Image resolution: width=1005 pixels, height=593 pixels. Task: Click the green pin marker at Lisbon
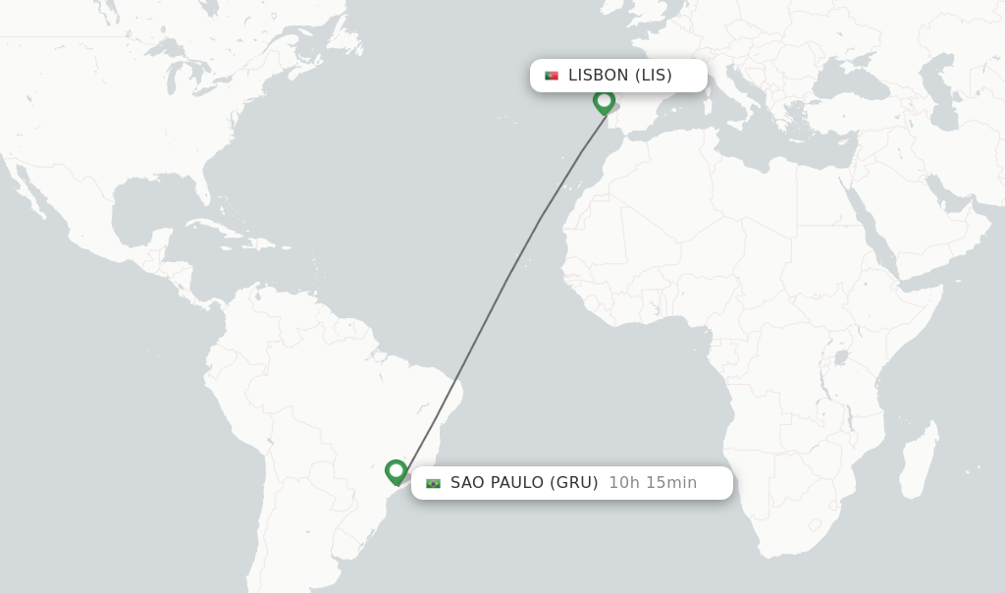point(604,100)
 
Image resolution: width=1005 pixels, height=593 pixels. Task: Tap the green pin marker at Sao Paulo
point(396,471)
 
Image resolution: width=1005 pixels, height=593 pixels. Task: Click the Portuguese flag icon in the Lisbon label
point(552,76)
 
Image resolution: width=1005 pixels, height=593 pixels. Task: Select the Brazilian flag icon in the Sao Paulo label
point(433,483)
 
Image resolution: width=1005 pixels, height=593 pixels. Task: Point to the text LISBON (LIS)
point(619,76)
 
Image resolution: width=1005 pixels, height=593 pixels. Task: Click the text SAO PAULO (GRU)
point(524,483)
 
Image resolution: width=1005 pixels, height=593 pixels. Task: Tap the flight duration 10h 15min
point(653,483)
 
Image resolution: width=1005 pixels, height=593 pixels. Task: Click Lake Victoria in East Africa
point(840,357)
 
